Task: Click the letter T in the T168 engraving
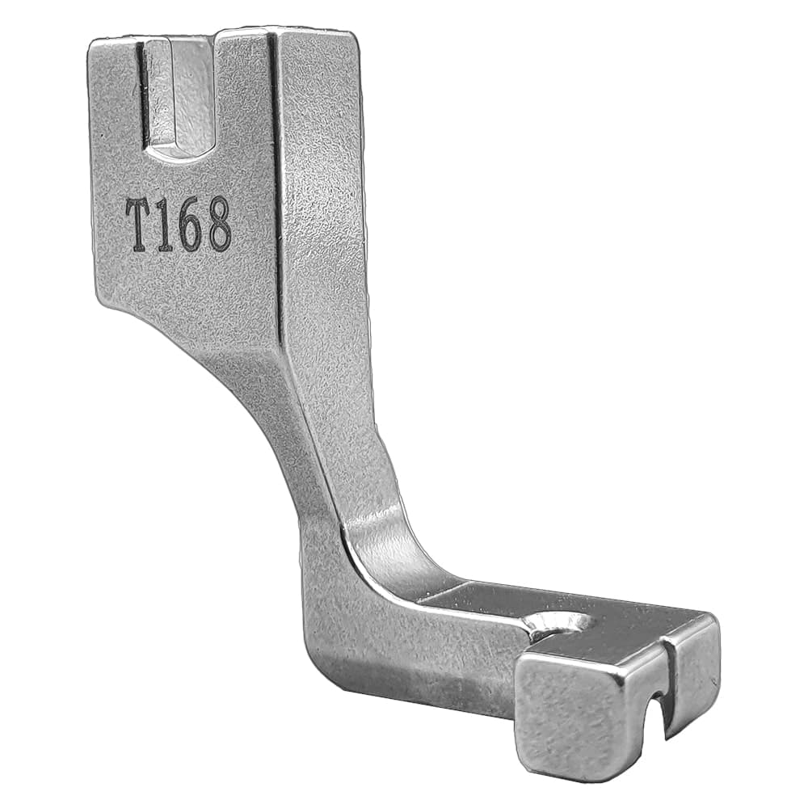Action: click(x=142, y=227)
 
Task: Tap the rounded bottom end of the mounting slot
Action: click(x=180, y=149)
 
